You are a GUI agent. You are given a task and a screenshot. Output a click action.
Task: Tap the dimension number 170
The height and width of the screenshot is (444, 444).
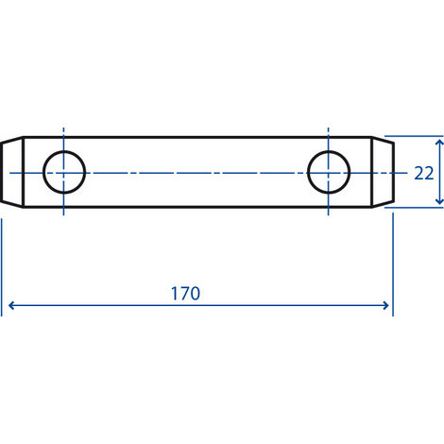185,294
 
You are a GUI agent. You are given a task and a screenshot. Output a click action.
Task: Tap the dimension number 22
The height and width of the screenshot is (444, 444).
424,173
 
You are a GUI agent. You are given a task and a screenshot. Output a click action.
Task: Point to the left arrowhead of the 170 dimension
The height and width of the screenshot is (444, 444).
11,305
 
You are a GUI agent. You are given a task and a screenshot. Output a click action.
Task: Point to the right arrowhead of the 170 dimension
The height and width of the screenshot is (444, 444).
385,305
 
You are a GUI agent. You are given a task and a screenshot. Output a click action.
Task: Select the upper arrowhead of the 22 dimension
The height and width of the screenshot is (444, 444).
439,142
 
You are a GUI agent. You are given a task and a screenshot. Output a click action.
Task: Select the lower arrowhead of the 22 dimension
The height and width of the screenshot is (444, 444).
439,201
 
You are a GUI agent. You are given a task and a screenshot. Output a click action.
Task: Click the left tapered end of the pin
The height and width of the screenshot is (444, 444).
12,172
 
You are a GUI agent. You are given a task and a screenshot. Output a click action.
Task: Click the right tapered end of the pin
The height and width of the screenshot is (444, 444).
383,172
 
